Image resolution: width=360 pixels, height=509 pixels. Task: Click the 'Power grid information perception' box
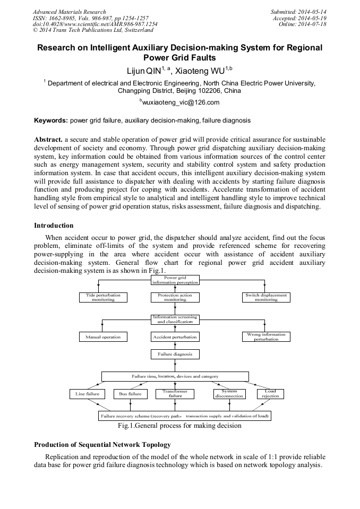coord(175,280)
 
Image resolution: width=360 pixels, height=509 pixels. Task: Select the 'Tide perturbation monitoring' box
coord(103,297)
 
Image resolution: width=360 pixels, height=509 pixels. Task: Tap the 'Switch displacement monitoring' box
coord(266,297)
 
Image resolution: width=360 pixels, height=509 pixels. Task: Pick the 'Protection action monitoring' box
coord(175,297)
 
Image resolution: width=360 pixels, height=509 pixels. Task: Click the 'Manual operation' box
coord(103,337)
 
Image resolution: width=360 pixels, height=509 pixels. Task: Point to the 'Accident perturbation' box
coord(175,337)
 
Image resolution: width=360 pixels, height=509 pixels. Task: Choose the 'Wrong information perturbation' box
coord(266,337)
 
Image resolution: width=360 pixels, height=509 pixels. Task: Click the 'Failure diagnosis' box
coord(175,353)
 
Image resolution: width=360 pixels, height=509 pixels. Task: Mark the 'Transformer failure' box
coord(175,393)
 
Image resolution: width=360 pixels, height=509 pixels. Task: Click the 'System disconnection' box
coord(229,394)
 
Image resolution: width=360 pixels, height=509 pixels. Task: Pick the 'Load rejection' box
coord(270,394)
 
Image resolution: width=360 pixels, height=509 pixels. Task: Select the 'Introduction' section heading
coord(54,226)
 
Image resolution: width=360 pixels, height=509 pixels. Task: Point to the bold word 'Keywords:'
coord(51,120)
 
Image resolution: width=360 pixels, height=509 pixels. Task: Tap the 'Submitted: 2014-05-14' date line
coord(299,12)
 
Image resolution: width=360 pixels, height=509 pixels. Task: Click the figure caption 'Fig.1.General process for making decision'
coord(179,425)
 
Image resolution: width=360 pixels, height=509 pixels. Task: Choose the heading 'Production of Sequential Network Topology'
coord(102,444)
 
